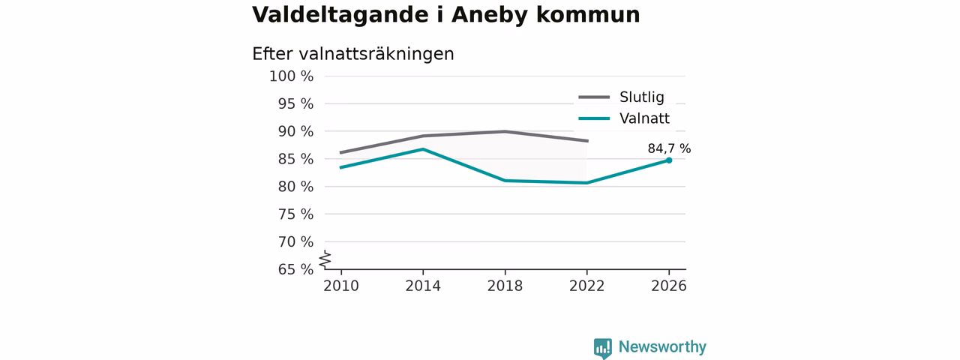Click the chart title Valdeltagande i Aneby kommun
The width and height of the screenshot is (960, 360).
tap(445, 15)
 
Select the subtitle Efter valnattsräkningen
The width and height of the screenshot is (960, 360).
tap(352, 55)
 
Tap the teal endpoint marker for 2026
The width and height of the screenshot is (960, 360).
tap(669, 160)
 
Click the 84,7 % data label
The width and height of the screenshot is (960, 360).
tap(669, 148)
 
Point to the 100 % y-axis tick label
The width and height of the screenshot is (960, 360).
tap(292, 76)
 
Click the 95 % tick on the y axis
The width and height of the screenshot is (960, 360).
tap(295, 103)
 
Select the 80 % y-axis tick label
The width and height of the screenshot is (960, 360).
tap(295, 187)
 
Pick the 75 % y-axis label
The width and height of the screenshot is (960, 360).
tap(295, 214)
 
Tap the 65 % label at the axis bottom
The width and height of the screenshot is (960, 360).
tap(295, 269)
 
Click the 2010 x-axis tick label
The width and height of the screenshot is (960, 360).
tap(341, 286)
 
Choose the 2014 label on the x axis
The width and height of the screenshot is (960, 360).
tap(423, 286)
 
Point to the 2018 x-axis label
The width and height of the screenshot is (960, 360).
tap(505, 286)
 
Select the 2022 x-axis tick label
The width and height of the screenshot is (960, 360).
tap(586, 286)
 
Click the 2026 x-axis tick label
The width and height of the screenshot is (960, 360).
tap(668, 286)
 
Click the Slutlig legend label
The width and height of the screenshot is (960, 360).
tap(641, 97)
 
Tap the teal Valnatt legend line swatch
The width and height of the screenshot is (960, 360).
tap(594, 118)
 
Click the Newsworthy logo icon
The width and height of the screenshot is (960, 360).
tap(602, 348)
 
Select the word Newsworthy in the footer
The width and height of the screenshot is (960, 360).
tap(662, 346)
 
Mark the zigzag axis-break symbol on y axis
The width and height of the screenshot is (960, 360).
tap(325, 259)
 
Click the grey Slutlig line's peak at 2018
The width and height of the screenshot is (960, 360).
tap(505, 131)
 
